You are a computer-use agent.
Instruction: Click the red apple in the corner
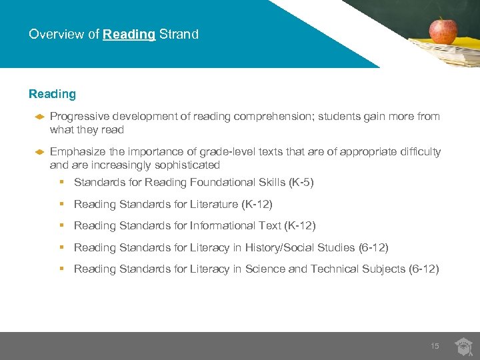coord(443,30)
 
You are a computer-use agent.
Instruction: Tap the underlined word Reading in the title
coord(129,34)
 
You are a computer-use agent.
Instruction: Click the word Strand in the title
coord(179,34)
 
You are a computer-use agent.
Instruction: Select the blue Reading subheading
coord(52,95)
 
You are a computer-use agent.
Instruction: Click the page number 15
coord(435,346)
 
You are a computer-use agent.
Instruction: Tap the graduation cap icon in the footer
coord(463,346)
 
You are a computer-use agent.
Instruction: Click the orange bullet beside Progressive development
coord(39,117)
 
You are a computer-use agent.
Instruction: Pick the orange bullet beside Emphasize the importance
coord(39,152)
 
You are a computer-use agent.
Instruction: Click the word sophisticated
coord(189,165)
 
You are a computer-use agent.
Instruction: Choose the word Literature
coord(215,204)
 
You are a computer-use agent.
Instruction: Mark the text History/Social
coord(281,247)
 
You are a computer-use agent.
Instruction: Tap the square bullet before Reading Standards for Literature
coord(61,204)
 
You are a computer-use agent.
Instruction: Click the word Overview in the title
coord(57,34)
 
